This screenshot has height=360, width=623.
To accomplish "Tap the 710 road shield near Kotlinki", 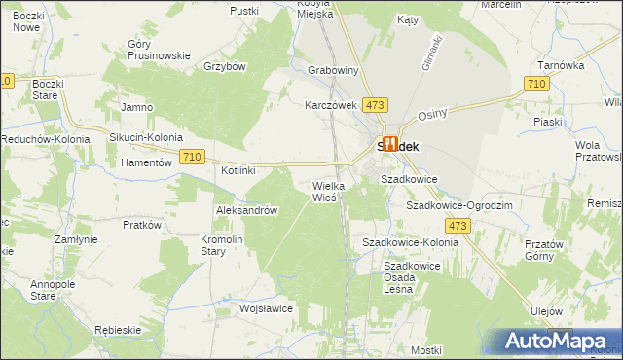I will pos(192,157).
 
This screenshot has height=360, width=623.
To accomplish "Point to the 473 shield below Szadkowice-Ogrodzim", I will pos(460,226).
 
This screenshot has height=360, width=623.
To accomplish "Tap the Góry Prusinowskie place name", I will pos(159,50).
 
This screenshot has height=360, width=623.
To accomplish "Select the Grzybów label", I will pos(223,67).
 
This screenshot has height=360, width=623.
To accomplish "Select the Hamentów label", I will pos(146,162).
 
